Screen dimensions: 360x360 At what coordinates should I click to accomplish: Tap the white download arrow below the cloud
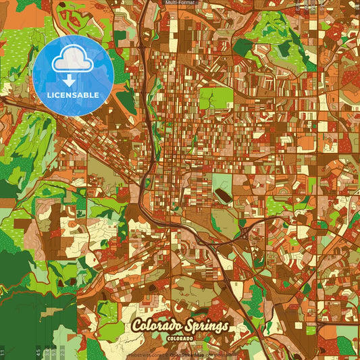70,80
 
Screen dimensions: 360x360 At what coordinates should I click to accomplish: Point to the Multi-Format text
181,3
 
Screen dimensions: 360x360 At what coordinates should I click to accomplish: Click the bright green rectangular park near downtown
215,98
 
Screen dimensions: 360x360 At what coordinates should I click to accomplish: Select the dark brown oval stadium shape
221,195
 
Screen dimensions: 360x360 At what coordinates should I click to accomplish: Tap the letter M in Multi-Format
168,3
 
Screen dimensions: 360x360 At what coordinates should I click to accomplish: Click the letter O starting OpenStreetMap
172,354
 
